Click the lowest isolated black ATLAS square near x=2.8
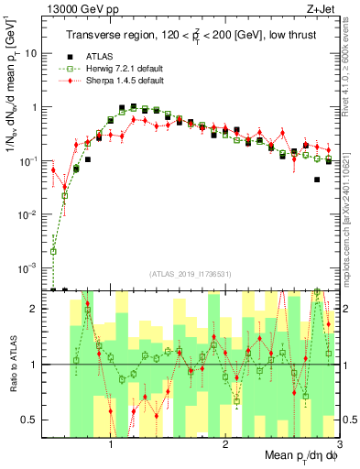(317, 180)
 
